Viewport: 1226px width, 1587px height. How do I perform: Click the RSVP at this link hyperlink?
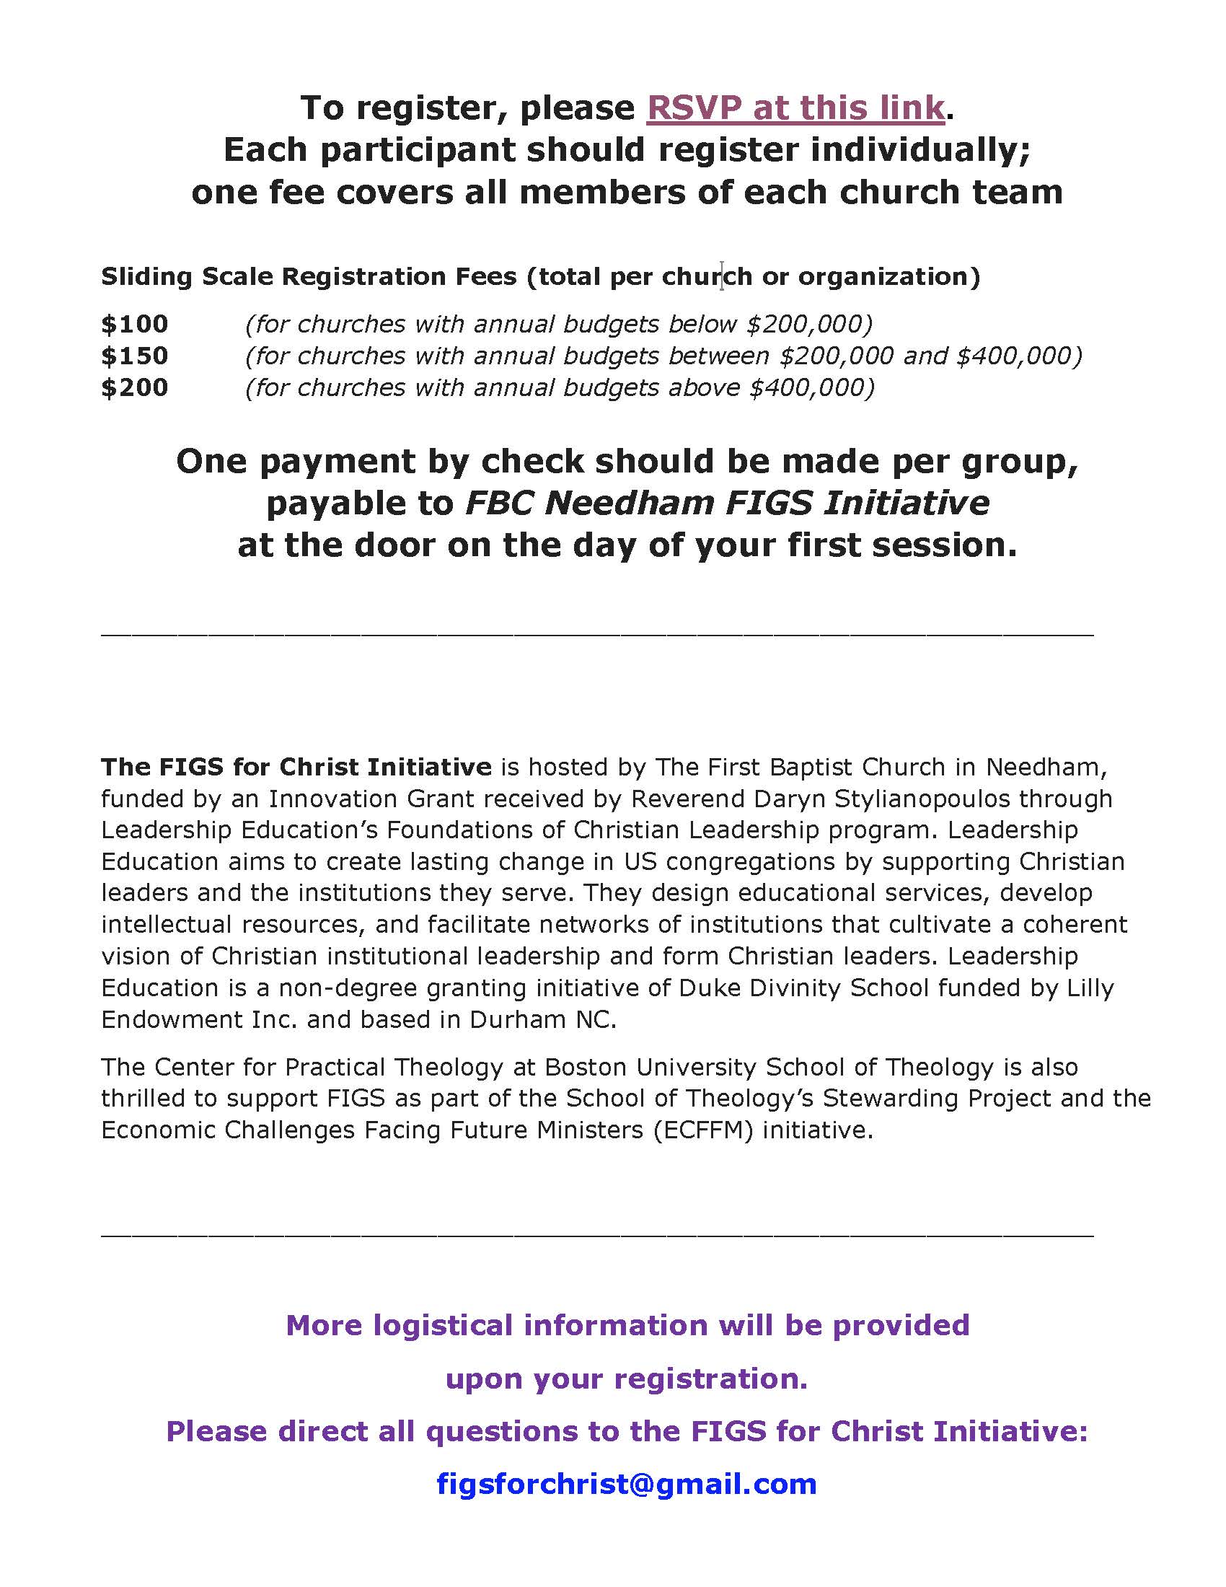[x=795, y=108]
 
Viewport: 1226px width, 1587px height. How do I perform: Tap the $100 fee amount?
[x=134, y=324]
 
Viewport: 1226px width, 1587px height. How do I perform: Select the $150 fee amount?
[x=134, y=356]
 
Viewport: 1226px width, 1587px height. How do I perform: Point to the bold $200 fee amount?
[x=134, y=388]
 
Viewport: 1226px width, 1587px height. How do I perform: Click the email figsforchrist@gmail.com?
[x=627, y=1483]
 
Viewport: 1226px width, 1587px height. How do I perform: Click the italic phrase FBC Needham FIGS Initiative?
[x=726, y=503]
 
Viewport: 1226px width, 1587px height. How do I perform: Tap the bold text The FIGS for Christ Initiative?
[x=296, y=768]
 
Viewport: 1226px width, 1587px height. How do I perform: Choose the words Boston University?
[x=651, y=1067]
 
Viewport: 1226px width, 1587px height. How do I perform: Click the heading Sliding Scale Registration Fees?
[x=309, y=277]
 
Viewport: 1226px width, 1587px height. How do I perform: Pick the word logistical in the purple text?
[x=442, y=1325]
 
